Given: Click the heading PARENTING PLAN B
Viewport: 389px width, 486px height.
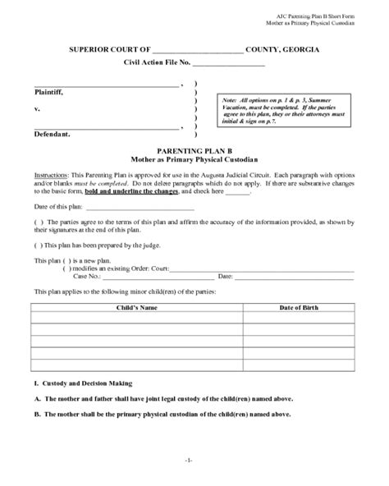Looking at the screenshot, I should tap(194, 152).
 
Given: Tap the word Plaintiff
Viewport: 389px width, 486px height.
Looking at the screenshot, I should tap(49, 92).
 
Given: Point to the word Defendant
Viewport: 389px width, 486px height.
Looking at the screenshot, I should tap(53, 133).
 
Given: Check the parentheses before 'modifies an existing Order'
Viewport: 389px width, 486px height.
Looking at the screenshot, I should tap(68, 268).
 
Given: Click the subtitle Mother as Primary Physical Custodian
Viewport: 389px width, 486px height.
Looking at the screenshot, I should tap(194, 161).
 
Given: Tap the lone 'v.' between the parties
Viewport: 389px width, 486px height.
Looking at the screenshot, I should tap(37, 108).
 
